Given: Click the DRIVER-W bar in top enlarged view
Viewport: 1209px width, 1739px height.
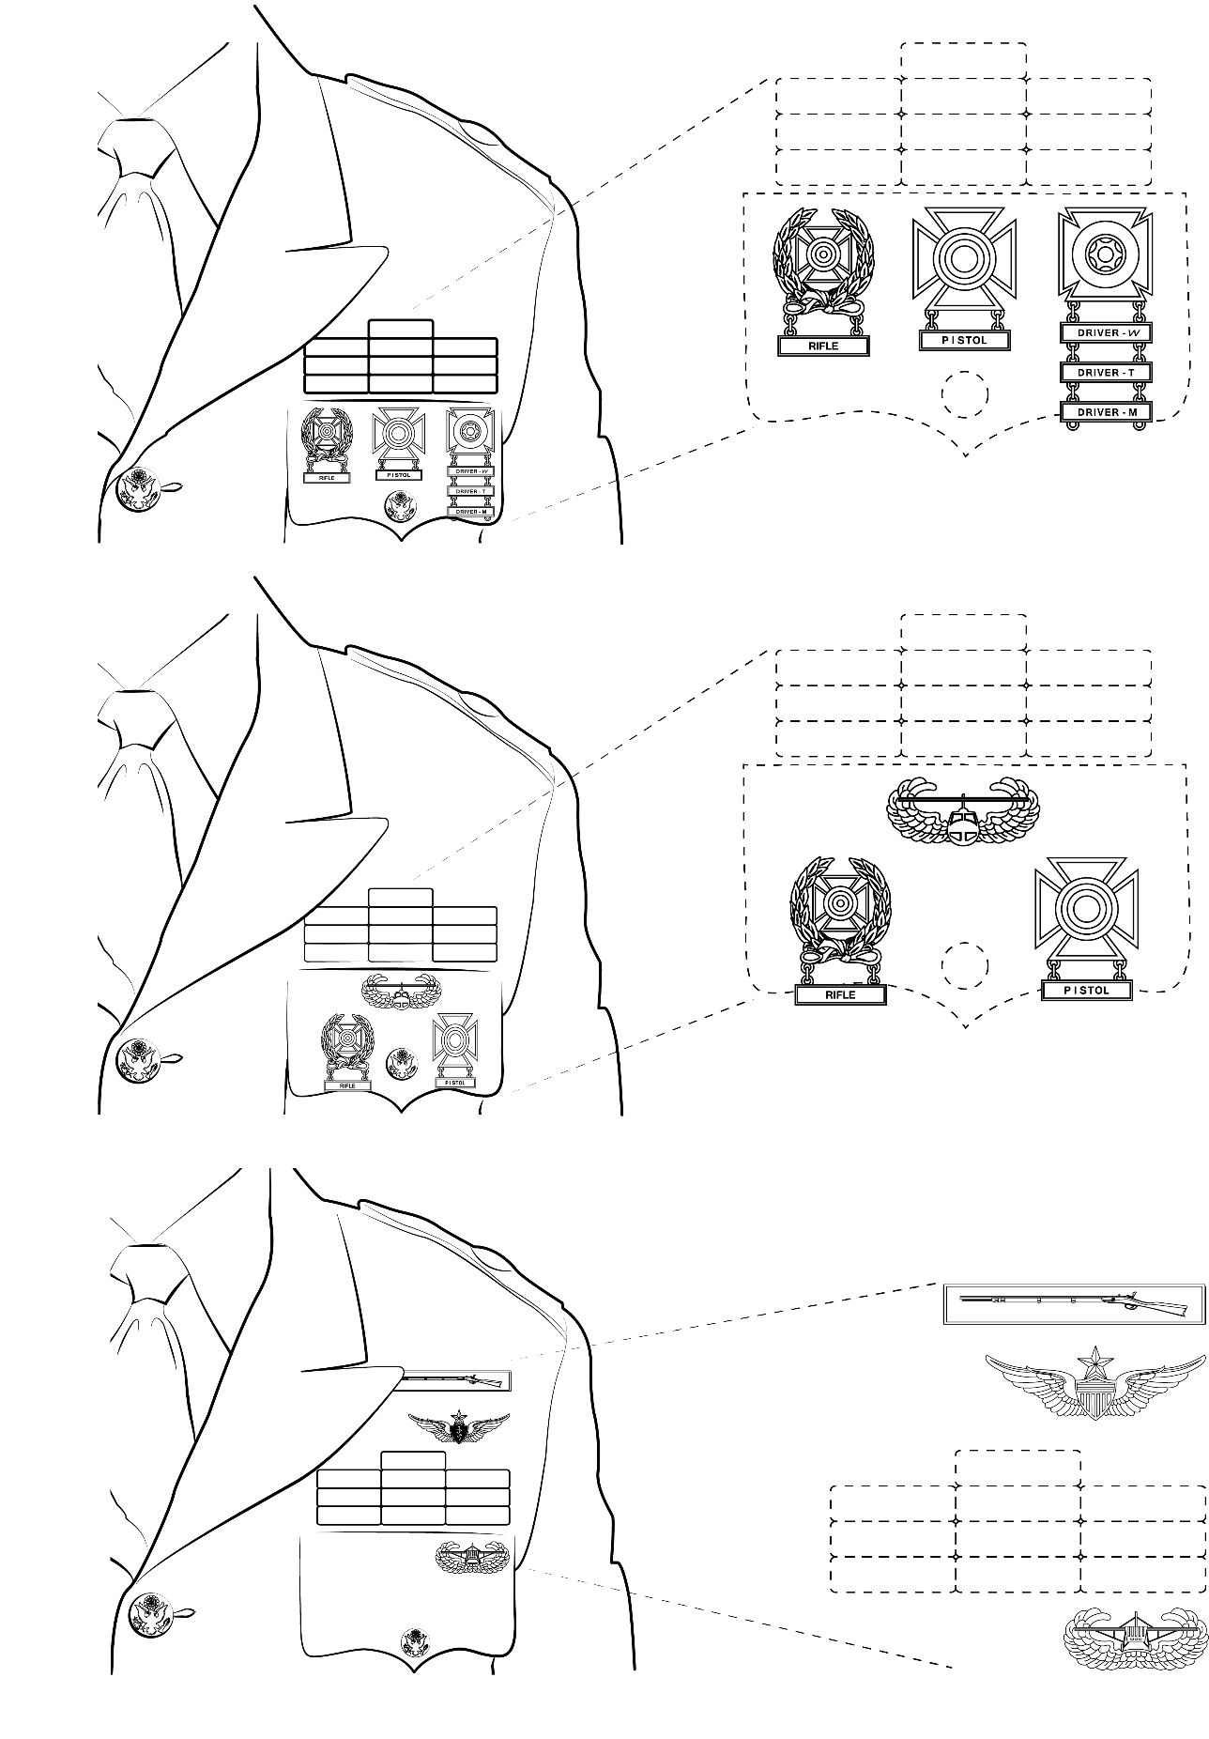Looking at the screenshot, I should point(1105,332).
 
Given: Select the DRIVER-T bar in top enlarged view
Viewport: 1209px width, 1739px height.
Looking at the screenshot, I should point(1105,372).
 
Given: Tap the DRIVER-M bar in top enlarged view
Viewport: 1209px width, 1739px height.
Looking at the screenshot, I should point(1105,411).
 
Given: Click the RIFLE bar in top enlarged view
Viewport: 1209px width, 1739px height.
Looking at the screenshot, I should point(823,346).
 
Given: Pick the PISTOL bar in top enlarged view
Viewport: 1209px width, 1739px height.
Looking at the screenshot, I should point(965,340).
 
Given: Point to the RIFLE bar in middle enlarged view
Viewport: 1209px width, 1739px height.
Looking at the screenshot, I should point(840,994).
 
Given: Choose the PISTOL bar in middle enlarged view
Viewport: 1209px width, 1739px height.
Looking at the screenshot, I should point(1087,990).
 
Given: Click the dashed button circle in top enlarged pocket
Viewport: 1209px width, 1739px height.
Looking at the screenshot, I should point(965,393).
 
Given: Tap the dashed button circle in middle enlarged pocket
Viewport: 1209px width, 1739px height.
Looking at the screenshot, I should point(965,965).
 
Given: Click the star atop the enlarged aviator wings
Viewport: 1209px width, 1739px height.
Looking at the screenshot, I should point(1094,1359).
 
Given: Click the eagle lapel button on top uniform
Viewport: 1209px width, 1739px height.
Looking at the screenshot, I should point(139,490).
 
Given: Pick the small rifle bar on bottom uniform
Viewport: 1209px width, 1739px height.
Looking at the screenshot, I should point(453,1380).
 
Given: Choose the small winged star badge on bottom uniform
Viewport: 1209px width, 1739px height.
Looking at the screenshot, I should point(458,1427).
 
